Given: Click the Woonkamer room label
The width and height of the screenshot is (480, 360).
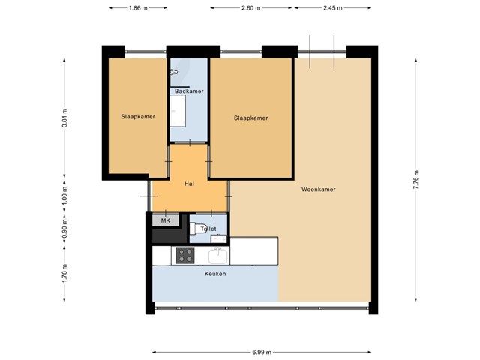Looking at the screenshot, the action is [x=318, y=190].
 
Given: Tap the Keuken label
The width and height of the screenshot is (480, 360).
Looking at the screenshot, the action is [x=215, y=274].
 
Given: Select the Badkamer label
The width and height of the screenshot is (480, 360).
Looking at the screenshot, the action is [x=189, y=91].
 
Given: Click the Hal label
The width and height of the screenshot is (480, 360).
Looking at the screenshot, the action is [x=189, y=184].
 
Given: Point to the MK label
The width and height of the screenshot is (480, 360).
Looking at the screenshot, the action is [x=166, y=220].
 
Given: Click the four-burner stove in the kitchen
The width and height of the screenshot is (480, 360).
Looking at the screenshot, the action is [x=185, y=255].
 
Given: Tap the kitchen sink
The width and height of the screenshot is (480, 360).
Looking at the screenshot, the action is [x=218, y=256].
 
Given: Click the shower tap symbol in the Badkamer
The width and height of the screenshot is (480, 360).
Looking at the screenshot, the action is [x=173, y=72].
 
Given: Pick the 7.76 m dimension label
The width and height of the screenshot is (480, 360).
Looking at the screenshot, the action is [x=415, y=180].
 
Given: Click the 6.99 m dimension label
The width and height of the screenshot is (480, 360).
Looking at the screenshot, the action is [x=262, y=352].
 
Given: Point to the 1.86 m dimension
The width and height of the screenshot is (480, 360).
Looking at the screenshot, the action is [x=138, y=8].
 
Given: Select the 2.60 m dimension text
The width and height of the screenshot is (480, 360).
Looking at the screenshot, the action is [x=251, y=8].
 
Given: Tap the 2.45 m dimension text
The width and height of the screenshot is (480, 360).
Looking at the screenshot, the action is [x=333, y=8].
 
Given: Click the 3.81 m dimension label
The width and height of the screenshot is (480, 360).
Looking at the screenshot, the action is [x=64, y=118].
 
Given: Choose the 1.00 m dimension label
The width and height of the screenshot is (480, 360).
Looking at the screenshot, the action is [x=64, y=195].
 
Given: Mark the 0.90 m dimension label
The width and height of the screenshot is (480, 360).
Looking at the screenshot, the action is [x=64, y=228].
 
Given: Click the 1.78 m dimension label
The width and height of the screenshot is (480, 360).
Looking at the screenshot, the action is [x=64, y=273].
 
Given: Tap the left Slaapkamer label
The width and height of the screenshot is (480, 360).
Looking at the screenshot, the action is [x=138, y=117].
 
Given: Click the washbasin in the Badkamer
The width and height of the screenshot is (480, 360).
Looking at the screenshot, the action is [x=178, y=111].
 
